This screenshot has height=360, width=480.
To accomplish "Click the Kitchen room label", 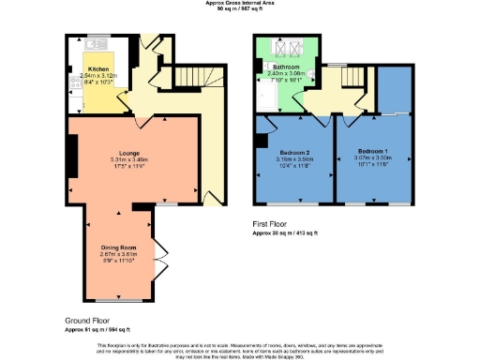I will (x=98, y=69).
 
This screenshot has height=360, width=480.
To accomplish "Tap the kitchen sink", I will (x=96, y=43).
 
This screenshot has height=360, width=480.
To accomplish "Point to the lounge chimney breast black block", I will (x=69, y=150).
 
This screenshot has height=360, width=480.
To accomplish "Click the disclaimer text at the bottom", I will (x=240, y=349).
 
